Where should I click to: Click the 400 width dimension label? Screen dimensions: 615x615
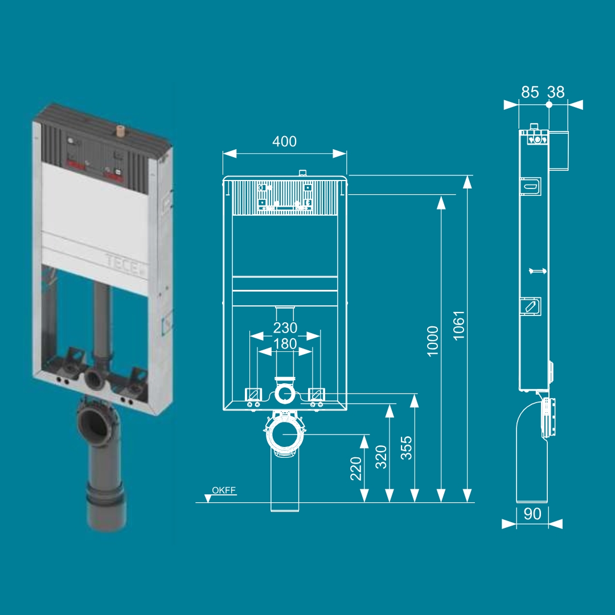tap(284, 142)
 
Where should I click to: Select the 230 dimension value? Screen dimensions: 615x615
tap(285, 327)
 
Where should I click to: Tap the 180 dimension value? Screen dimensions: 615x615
tap(285, 344)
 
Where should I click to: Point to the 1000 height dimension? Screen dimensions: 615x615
tap(433, 341)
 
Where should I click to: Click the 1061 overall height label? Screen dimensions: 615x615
tap(458, 326)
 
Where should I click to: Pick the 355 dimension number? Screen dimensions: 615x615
tap(407, 448)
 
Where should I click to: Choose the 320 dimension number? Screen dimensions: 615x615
tap(381, 457)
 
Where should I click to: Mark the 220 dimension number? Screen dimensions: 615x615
tap(356, 468)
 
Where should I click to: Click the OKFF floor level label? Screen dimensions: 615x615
tap(224, 490)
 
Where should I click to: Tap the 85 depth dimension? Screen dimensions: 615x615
tap(530, 92)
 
